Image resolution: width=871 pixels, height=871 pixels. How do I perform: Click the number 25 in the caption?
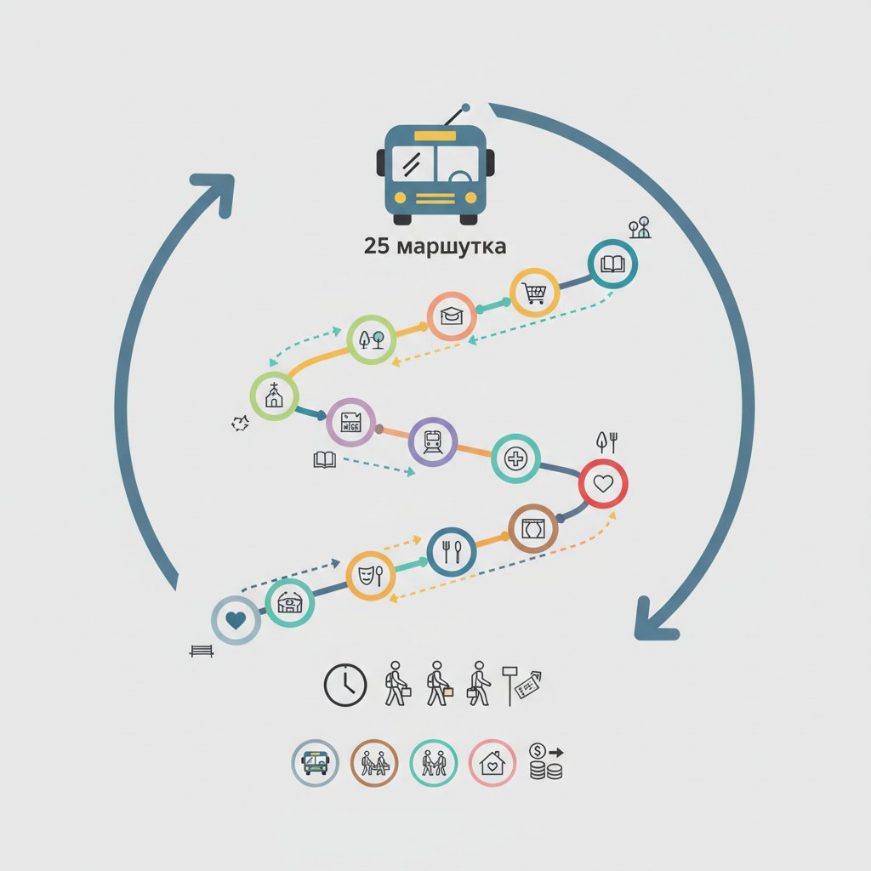point(377,246)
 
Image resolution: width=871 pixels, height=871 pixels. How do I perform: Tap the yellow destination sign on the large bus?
point(435,136)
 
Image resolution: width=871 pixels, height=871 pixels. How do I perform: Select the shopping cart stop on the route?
point(534,293)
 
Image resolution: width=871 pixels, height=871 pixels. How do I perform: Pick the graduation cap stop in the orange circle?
point(452,316)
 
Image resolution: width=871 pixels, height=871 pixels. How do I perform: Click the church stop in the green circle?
point(275,396)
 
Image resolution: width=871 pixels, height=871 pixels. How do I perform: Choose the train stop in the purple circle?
point(433,442)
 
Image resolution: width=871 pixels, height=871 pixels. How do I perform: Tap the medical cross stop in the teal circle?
point(515,458)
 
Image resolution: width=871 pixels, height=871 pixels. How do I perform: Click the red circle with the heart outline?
point(603,483)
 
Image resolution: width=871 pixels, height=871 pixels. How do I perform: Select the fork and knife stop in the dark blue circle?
point(452,551)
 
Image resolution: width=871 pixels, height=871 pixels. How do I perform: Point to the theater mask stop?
point(371,576)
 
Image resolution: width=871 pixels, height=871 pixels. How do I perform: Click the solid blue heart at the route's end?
point(236,620)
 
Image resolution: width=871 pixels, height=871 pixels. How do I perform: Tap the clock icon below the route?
point(345,685)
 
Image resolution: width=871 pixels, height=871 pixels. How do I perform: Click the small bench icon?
point(202,651)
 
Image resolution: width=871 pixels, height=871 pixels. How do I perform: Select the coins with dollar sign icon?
point(546,761)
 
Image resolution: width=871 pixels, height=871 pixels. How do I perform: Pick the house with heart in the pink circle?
point(492,763)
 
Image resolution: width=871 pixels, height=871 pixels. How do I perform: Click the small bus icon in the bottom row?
point(315,763)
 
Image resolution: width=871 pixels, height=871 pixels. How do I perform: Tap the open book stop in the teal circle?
point(612,264)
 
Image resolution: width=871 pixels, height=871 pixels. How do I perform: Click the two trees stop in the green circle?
point(372,339)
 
